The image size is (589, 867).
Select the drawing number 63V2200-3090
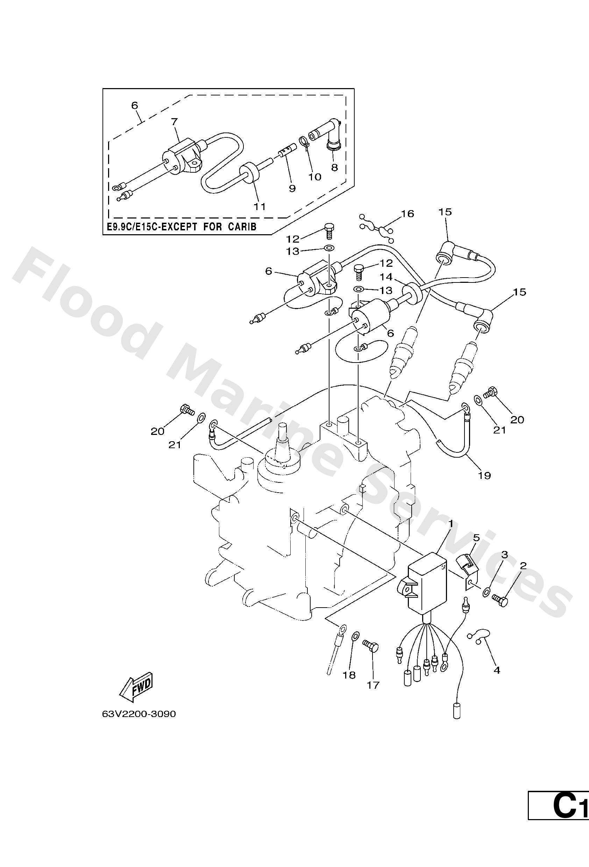click(139, 714)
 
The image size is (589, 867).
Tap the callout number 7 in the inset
click(174, 122)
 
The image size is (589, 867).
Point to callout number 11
click(260, 206)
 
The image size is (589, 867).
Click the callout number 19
click(484, 475)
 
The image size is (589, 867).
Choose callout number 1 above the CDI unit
click(451, 524)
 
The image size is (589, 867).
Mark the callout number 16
click(407, 214)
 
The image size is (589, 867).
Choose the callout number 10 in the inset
click(315, 177)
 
